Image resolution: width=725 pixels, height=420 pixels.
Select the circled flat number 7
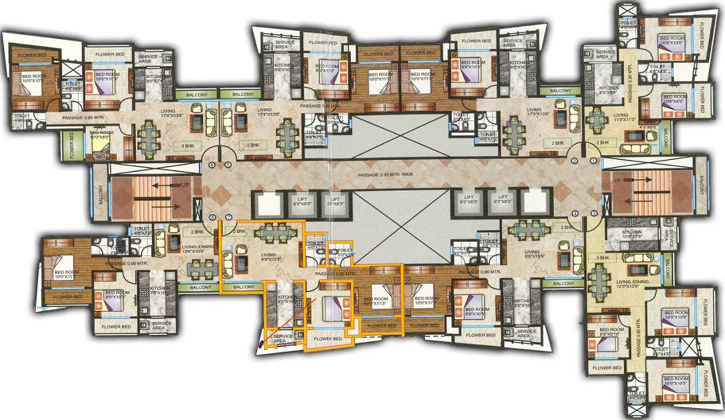point(228,218)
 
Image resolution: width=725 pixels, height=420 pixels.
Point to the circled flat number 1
point(593,161)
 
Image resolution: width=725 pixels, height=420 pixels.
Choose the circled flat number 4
point(575,213)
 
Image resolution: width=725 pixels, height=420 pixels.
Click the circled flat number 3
point(593,213)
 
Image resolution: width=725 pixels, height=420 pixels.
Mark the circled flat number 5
point(228,165)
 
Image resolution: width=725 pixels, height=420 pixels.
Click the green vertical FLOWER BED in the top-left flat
point(72,144)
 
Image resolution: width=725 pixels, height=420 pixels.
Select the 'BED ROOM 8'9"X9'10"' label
point(611,332)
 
